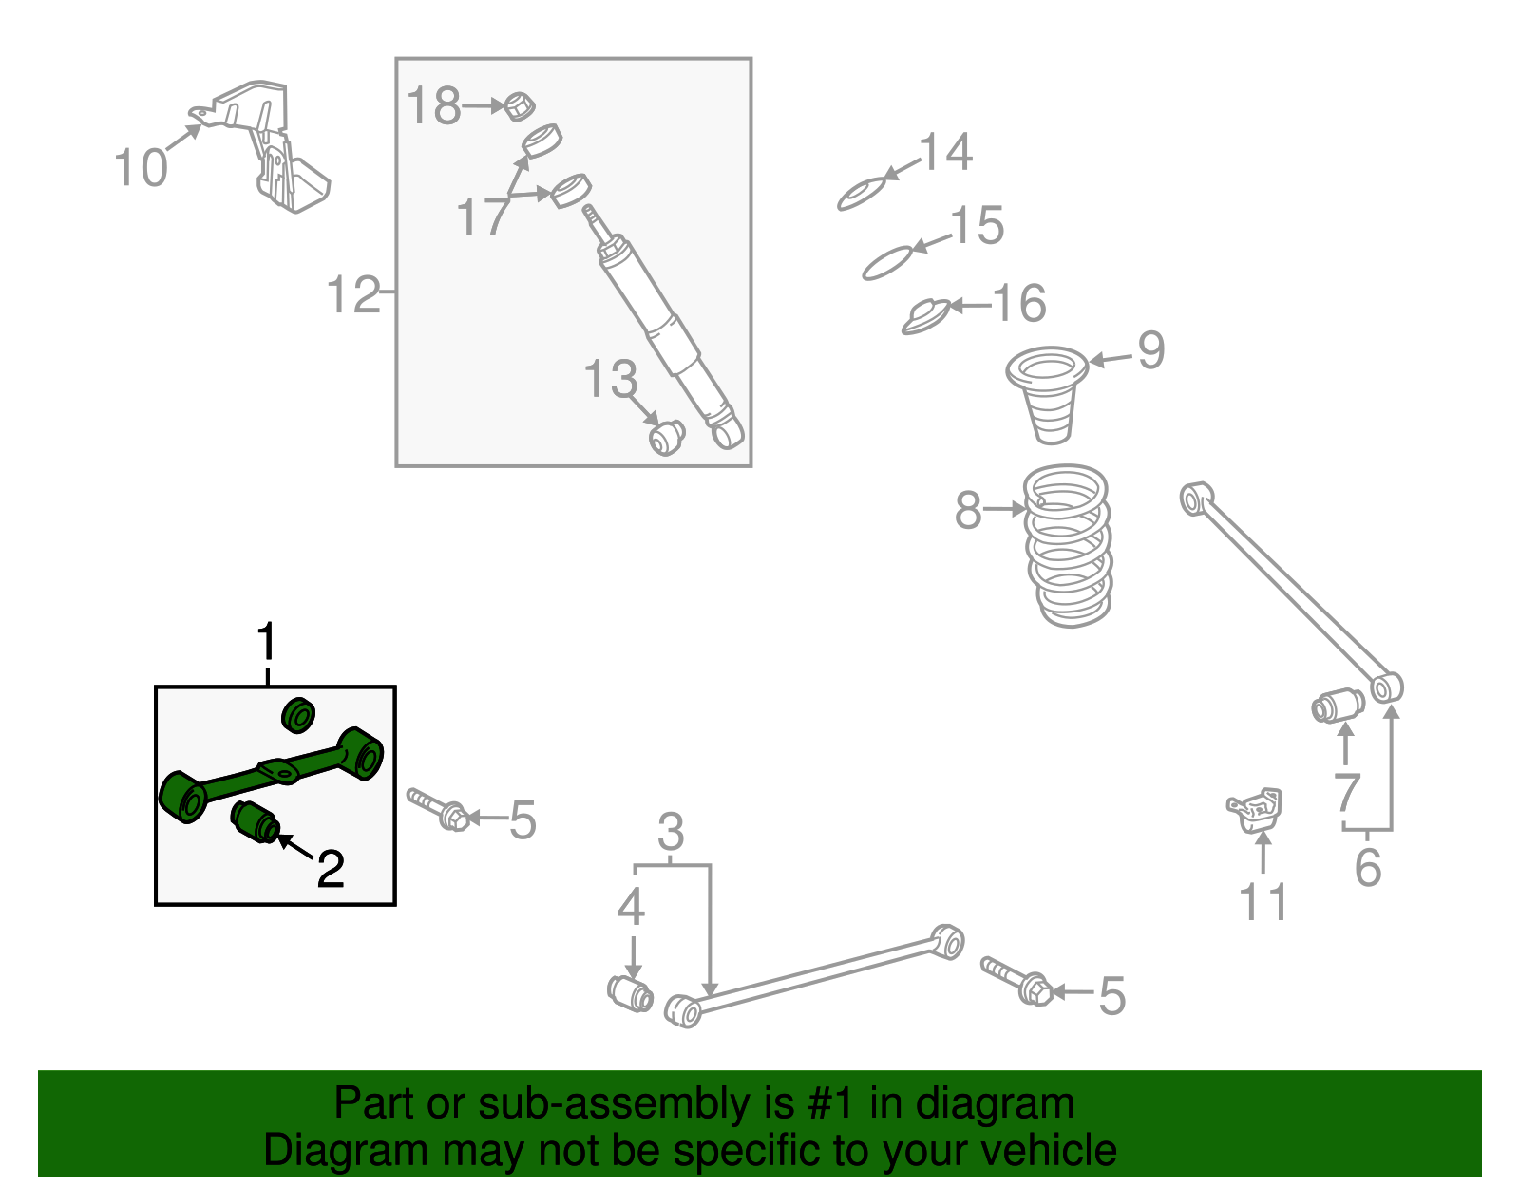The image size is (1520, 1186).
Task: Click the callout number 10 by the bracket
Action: coord(140,168)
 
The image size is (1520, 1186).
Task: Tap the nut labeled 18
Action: coord(519,106)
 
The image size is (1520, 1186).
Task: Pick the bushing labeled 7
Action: coord(1338,706)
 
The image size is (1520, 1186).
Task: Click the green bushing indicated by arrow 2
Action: coord(255,821)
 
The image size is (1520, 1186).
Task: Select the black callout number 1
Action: coord(267,643)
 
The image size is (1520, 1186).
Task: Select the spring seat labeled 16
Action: coord(925,316)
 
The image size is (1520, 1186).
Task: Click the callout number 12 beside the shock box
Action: coord(353,294)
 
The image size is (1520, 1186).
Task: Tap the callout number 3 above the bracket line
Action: coord(671,833)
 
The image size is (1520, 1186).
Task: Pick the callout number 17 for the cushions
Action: coord(483,217)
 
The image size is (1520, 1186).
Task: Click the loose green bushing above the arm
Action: coord(298,715)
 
